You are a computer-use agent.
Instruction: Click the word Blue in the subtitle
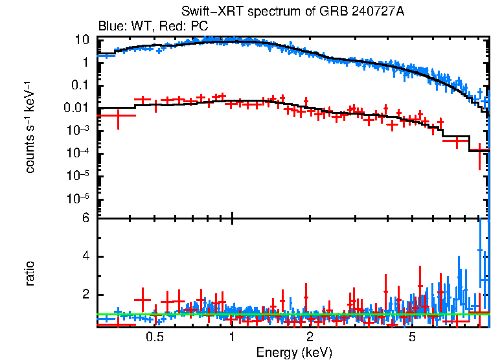[x=109, y=27]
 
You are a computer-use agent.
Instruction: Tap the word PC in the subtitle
[x=199, y=27]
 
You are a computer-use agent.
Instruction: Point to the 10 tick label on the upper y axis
[x=82, y=39]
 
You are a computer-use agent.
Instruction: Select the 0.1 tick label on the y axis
[x=80, y=85]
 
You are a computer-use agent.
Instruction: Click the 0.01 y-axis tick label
[x=77, y=108]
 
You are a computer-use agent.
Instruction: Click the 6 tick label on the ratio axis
[x=84, y=218]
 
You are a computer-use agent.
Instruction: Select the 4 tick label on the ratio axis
[x=84, y=257]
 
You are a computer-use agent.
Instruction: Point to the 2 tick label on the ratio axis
[x=84, y=295]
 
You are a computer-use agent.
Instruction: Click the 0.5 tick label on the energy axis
[x=154, y=338]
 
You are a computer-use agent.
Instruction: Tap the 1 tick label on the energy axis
[x=232, y=338]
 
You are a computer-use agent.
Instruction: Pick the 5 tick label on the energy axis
[x=413, y=338]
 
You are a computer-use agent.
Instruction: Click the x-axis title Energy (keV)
[x=294, y=352]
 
